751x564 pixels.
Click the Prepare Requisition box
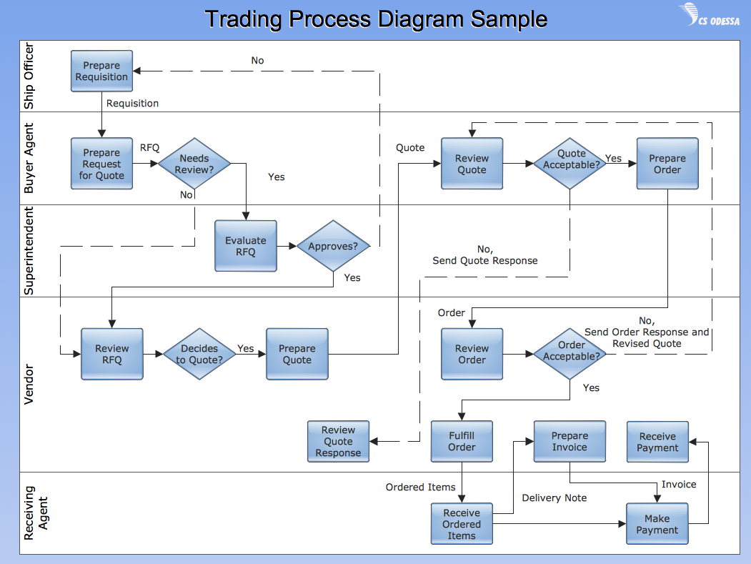point(101,71)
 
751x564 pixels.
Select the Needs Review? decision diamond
point(194,164)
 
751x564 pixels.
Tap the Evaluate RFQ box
point(245,246)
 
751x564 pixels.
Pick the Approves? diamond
point(333,247)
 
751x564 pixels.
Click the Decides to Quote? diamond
point(199,354)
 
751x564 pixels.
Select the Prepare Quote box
point(297,354)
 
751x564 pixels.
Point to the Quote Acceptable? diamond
point(571,164)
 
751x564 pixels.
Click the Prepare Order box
point(667,164)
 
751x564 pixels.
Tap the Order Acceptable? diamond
point(571,354)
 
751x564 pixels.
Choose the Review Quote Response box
point(338,441)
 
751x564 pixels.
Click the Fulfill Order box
point(462,441)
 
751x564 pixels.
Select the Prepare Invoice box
point(570,441)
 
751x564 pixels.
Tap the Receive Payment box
point(657,441)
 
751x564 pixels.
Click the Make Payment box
point(657,524)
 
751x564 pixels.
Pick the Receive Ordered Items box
point(462,524)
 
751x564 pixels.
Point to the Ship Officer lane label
point(29,76)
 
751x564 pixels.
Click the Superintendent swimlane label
point(29,251)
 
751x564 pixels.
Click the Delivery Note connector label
point(554,498)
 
